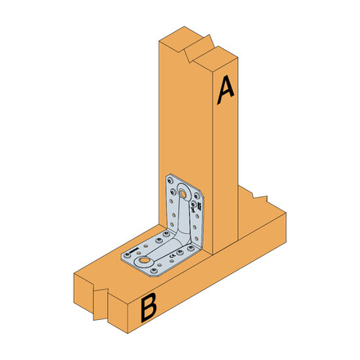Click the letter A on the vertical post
[226, 90]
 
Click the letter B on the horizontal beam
[149, 308]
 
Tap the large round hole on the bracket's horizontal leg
[144, 261]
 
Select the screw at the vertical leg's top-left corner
[170, 178]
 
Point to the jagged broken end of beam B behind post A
[260, 199]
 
